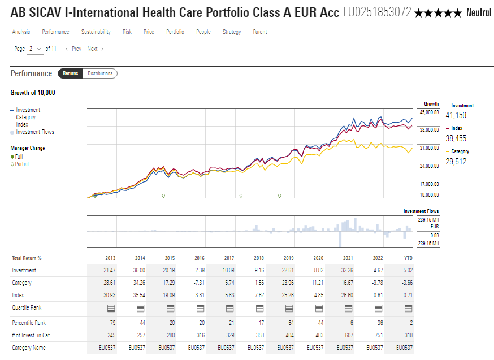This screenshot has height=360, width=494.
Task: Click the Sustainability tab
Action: (96, 32)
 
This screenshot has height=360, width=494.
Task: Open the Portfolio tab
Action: (175, 32)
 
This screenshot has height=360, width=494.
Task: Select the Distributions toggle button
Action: (100, 73)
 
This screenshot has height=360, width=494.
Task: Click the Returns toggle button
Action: (71, 73)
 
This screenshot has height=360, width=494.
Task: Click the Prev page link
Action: (73, 49)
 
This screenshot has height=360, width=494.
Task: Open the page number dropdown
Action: (35, 49)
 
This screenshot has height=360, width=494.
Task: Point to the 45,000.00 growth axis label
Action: (428, 112)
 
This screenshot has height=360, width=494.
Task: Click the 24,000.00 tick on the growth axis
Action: (428, 166)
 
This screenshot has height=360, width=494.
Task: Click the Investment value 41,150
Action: (456, 115)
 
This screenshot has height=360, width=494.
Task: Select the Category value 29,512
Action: (456, 161)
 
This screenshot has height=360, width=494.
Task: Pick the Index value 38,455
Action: (456, 138)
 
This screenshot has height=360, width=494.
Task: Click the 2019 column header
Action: (288, 258)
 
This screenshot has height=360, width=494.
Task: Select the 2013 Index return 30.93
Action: (110, 295)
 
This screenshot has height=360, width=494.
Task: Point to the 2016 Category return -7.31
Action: (200, 283)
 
